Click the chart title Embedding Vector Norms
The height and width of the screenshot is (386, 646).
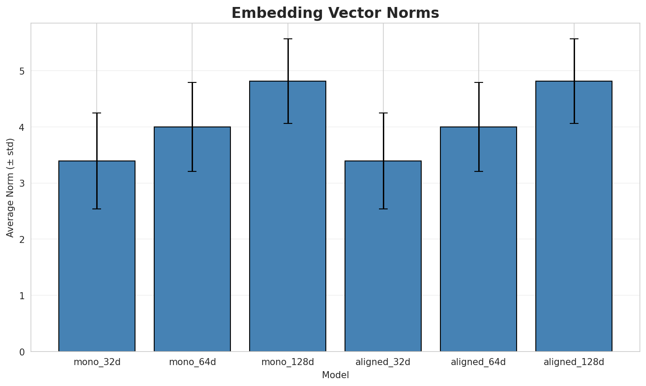click(335, 13)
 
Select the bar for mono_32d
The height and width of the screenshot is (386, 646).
click(97, 262)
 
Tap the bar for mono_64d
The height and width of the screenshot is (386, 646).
click(192, 244)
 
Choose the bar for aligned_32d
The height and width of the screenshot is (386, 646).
click(383, 262)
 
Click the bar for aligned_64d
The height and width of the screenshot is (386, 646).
click(478, 244)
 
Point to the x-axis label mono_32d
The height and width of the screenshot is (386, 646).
click(97, 362)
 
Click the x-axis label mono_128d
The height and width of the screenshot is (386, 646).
click(287, 362)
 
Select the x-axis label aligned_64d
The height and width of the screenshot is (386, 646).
click(478, 362)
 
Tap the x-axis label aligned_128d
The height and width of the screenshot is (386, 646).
click(574, 362)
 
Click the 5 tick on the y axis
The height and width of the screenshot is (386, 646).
click(21, 71)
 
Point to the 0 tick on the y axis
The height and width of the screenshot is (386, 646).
click(21, 352)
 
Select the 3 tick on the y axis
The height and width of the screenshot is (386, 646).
click(21, 183)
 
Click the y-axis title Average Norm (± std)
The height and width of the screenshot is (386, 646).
click(10, 188)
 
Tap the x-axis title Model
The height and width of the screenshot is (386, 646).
click(335, 375)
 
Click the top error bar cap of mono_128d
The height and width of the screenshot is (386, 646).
click(287, 39)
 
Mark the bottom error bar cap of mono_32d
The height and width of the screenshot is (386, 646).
click(97, 209)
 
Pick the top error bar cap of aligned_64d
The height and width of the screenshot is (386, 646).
click(478, 82)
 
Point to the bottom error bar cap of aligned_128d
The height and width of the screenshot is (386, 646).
click(574, 123)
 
